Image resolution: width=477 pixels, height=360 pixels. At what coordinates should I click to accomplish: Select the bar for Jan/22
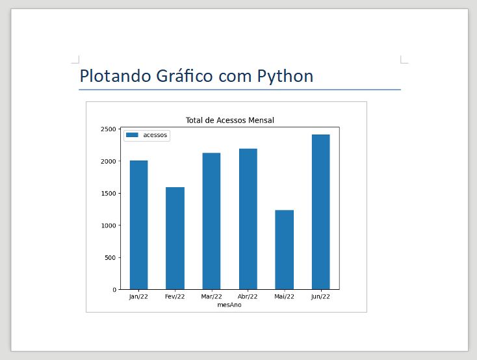tap(138, 224)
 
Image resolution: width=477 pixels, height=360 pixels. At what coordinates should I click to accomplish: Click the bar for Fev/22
tap(175, 238)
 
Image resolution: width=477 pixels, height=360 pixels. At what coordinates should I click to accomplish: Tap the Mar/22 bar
tap(211, 221)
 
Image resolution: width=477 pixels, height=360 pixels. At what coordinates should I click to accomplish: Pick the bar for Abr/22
tap(248, 218)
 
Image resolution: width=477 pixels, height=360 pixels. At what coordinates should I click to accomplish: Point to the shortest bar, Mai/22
tap(284, 250)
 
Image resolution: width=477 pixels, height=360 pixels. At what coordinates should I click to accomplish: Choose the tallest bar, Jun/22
tap(320, 211)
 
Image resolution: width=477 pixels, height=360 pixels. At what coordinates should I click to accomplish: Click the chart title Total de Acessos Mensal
tap(229, 120)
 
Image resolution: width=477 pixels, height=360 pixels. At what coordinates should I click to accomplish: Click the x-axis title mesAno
tap(229, 304)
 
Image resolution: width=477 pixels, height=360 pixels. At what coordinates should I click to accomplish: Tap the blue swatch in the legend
tap(132, 135)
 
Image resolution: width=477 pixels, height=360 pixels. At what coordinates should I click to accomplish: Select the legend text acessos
tap(155, 135)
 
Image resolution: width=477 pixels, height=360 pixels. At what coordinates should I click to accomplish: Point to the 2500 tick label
tap(108, 129)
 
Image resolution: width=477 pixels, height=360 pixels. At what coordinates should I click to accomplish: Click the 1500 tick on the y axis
tap(108, 194)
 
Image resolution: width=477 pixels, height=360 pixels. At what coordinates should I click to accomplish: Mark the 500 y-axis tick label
tap(110, 257)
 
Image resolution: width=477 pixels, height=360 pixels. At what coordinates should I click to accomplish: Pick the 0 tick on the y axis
tap(114, 290)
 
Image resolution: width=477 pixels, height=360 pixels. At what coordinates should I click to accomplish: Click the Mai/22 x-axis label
tap(284, 297)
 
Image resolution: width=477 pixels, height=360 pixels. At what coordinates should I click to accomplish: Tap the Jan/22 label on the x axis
tap(138, 297)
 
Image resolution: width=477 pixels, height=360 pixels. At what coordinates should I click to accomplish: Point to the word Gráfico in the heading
tap(185, 76)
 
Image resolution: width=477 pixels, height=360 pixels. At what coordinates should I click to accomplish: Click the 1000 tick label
tap(108, 225)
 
